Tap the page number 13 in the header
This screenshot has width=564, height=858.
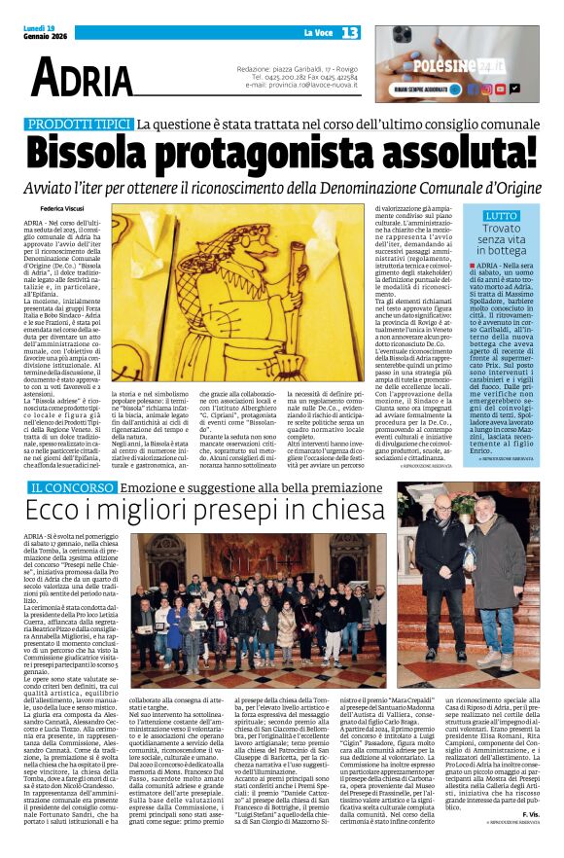[x=350, y=33]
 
